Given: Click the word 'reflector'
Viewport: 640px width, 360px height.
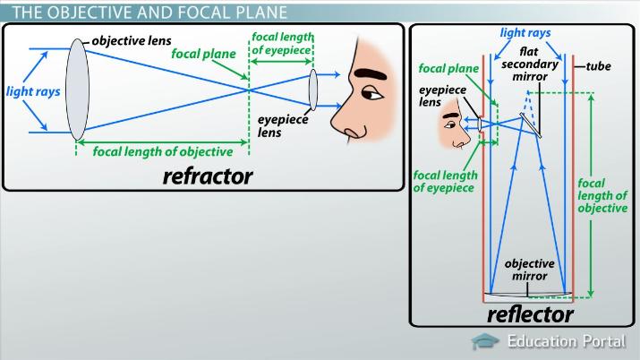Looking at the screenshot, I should point(529,314).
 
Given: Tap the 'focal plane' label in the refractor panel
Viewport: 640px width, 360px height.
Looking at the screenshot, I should point(204,53).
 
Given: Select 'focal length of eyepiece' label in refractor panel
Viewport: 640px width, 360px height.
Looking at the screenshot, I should point(283,42).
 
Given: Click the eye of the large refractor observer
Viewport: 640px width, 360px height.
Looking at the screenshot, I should point(372,93).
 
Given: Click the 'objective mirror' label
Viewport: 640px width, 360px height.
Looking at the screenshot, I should point(530,270).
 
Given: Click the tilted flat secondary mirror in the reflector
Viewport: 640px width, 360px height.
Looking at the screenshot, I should point(531,124).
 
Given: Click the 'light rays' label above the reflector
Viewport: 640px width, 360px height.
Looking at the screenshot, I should point(525,32).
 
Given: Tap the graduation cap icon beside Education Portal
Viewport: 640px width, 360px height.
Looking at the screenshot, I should point(485,341).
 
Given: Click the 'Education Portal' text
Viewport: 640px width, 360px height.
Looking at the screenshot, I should point(567,341).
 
